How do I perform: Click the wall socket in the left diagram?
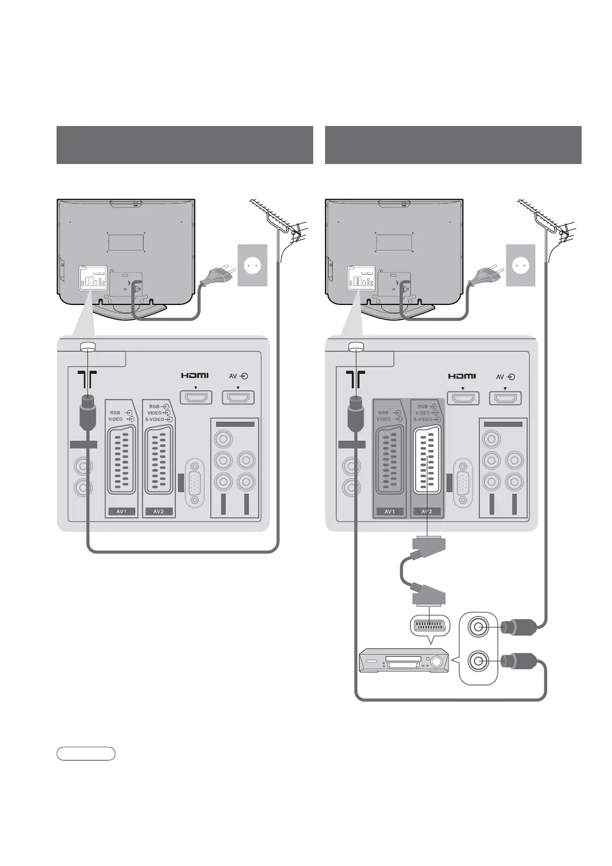click(x=253, y=265)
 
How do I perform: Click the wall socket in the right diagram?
click(x=520, y=265)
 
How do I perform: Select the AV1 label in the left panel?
click(x=121, y=512)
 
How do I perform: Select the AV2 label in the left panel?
click(x=158, y=512)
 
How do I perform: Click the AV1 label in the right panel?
click(x=389, y=512)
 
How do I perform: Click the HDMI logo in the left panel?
click(x=194, y=375)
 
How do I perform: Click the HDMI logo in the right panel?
click(x=462, y=376)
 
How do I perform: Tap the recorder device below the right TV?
click(x=403, y=661)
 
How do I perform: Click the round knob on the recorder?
click(x=438, y=662)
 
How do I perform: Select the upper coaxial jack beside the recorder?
click(x=479, y=627)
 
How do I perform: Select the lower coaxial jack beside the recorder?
click(x=479, y=661)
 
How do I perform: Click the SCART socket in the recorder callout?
click(x=429, y=626)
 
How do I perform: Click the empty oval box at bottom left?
click(x=86, y=754)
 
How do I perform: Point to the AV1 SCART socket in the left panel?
click(x=121, y=461)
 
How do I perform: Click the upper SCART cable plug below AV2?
click(x=428, y=544)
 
